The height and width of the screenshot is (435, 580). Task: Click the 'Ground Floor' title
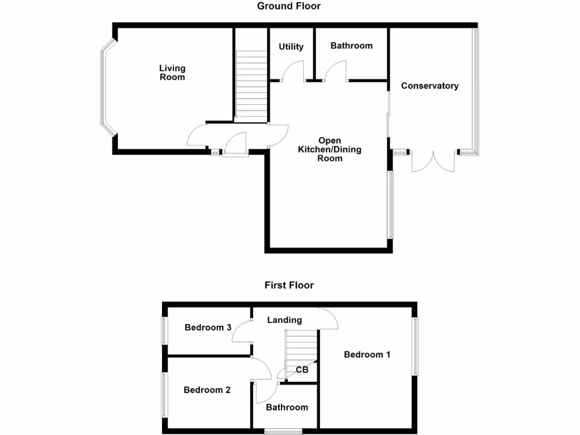pos(289,6)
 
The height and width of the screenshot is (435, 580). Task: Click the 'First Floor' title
pos(289,285)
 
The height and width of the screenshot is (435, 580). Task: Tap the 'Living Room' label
pos(172,72)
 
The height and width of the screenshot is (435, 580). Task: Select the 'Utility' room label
pos(291,46)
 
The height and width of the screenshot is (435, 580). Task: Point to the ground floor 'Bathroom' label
pos(351,45)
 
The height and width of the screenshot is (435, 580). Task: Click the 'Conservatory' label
pos(429,86)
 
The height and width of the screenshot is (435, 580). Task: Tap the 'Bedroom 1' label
pos(367,355)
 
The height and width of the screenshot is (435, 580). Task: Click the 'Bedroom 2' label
pos(207,390)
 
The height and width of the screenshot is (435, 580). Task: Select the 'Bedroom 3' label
pos(208,327)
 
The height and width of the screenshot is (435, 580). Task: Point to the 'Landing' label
pos(284,320)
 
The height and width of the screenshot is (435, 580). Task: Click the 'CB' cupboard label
pos(302,370)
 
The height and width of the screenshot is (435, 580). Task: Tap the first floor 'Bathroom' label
pos(287,407)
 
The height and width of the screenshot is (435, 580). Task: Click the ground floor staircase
pos(250,85)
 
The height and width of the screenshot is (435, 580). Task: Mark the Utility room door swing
pos(296,71)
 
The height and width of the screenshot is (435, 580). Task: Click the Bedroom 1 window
pos(415,347)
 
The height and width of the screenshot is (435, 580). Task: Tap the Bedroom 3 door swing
pos(242,332)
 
